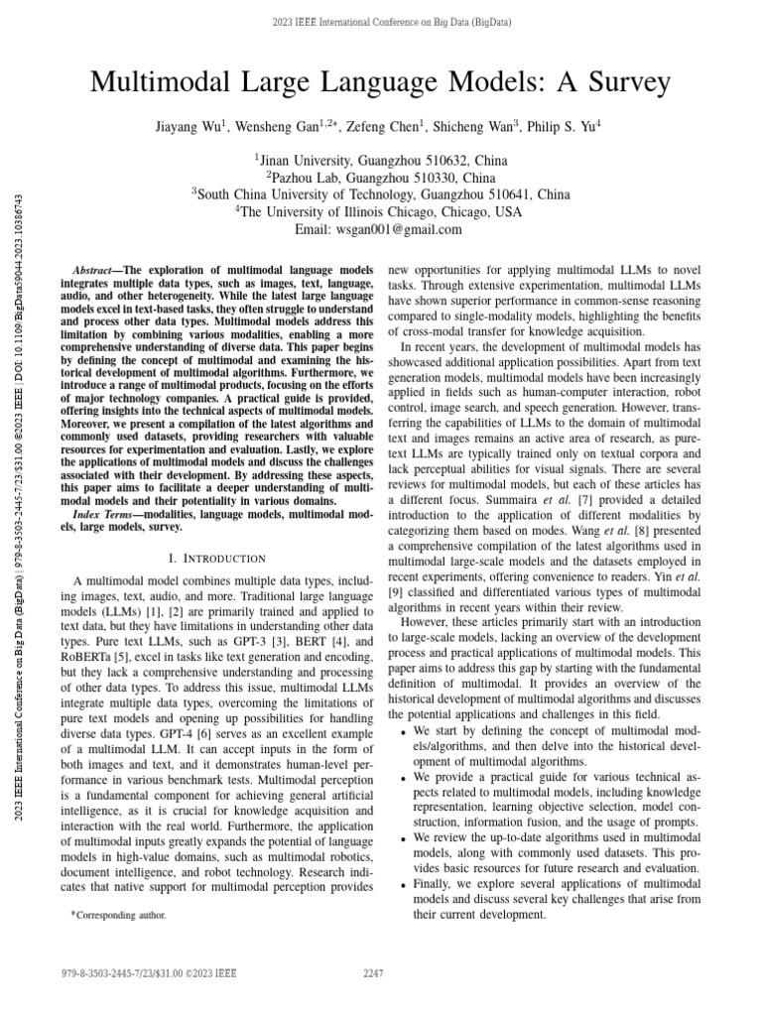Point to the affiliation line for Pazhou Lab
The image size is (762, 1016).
pyautogui.click(x=381, y=175)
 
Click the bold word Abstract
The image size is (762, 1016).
pyautogui.click(x=97, y=271)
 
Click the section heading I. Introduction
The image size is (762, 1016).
pyautogui.click(x=206, y=559)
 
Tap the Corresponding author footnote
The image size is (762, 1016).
pyautogui.click(x=119, y=915)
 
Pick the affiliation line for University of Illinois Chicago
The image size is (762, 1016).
pyautogui.click(x=381, y=210)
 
